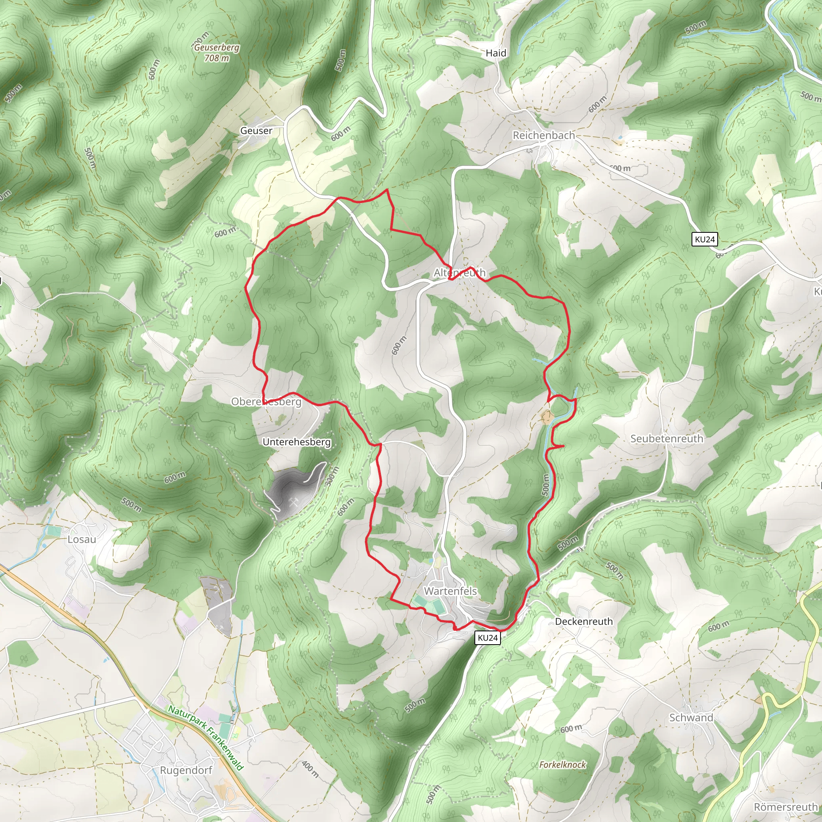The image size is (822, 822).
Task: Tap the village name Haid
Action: [x=496, y=53]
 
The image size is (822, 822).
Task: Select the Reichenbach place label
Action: [x=543, y=135]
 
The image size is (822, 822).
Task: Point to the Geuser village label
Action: [x=256, y=130]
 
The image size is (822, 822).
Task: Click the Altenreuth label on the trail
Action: [x=459, y=272]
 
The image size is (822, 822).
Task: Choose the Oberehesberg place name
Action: [x=266, y=402]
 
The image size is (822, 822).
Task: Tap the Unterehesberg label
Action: [x=296, y=442]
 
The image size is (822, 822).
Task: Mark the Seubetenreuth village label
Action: [x=666, y=438]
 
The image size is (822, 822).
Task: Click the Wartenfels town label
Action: [x=450, y=591]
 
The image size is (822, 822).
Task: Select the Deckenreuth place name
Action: [x=584, y=621]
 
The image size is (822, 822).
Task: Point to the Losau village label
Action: [x=82, y=539]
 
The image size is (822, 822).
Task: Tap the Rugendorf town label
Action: [x=185, y=770]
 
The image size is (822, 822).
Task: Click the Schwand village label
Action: [x=691, y=717]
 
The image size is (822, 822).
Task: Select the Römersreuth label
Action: [x=785, y=807]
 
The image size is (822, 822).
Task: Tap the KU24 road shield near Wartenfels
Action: [x=488, y=637]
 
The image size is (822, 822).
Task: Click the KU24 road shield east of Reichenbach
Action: [x=704, y=239]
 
